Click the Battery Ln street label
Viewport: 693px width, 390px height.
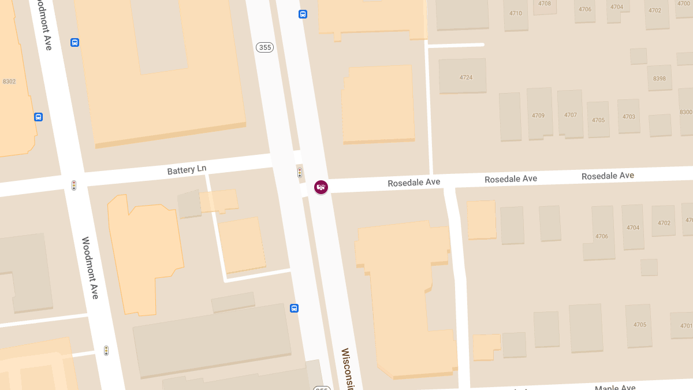[187, 169]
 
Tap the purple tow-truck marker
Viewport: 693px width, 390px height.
[321, 187]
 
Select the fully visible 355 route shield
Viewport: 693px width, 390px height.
[264, 47]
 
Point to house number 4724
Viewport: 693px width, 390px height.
[465, 77]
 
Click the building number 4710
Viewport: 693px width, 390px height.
[515, 13]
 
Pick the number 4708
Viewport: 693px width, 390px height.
[544, 3]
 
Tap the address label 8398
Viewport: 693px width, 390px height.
[659, 79]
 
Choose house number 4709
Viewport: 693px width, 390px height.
[538, 116]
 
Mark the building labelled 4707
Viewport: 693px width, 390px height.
[570, 115]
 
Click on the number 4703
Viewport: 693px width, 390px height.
[628, 117]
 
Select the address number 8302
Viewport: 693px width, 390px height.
[9, 81]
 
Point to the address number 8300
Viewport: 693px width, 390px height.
[686, 112]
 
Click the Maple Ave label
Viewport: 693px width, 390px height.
[615, 388]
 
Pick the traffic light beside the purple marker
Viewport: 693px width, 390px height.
[299, 172]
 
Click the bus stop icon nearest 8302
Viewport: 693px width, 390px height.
[38, 117]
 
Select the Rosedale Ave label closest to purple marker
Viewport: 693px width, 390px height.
[413, 183]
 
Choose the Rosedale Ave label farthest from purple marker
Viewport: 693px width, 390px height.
[608, 176]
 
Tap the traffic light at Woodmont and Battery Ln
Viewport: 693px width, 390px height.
[73, 185]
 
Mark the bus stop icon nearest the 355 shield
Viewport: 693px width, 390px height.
[303, 14]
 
